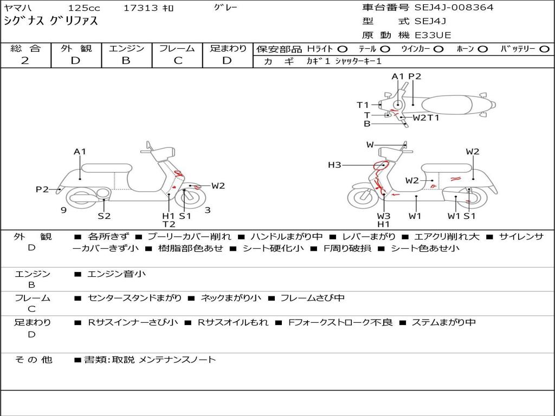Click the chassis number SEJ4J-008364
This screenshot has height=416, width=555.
(454, 7)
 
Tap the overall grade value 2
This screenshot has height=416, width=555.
(25, 61)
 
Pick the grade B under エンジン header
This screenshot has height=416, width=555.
(126, 61)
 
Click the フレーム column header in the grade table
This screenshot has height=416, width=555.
(177, 48)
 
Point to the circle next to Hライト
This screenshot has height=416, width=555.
(343, 49)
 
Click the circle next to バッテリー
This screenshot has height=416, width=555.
(544, 49)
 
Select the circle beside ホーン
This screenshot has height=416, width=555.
(483, 49)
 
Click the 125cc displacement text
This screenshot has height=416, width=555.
(84, 8)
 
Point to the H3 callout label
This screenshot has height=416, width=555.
(334, 165)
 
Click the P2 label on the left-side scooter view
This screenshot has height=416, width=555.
(42, 189)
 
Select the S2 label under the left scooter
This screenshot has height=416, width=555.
(104, 216)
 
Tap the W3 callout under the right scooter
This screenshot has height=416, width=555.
(383, 216)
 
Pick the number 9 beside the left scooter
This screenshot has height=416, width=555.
(63, 210)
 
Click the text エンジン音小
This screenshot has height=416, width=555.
(117, 274)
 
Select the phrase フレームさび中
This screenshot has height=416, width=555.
(313, 298)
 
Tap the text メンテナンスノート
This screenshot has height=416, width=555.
(177, 360)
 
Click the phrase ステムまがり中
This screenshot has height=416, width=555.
(444, 322)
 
